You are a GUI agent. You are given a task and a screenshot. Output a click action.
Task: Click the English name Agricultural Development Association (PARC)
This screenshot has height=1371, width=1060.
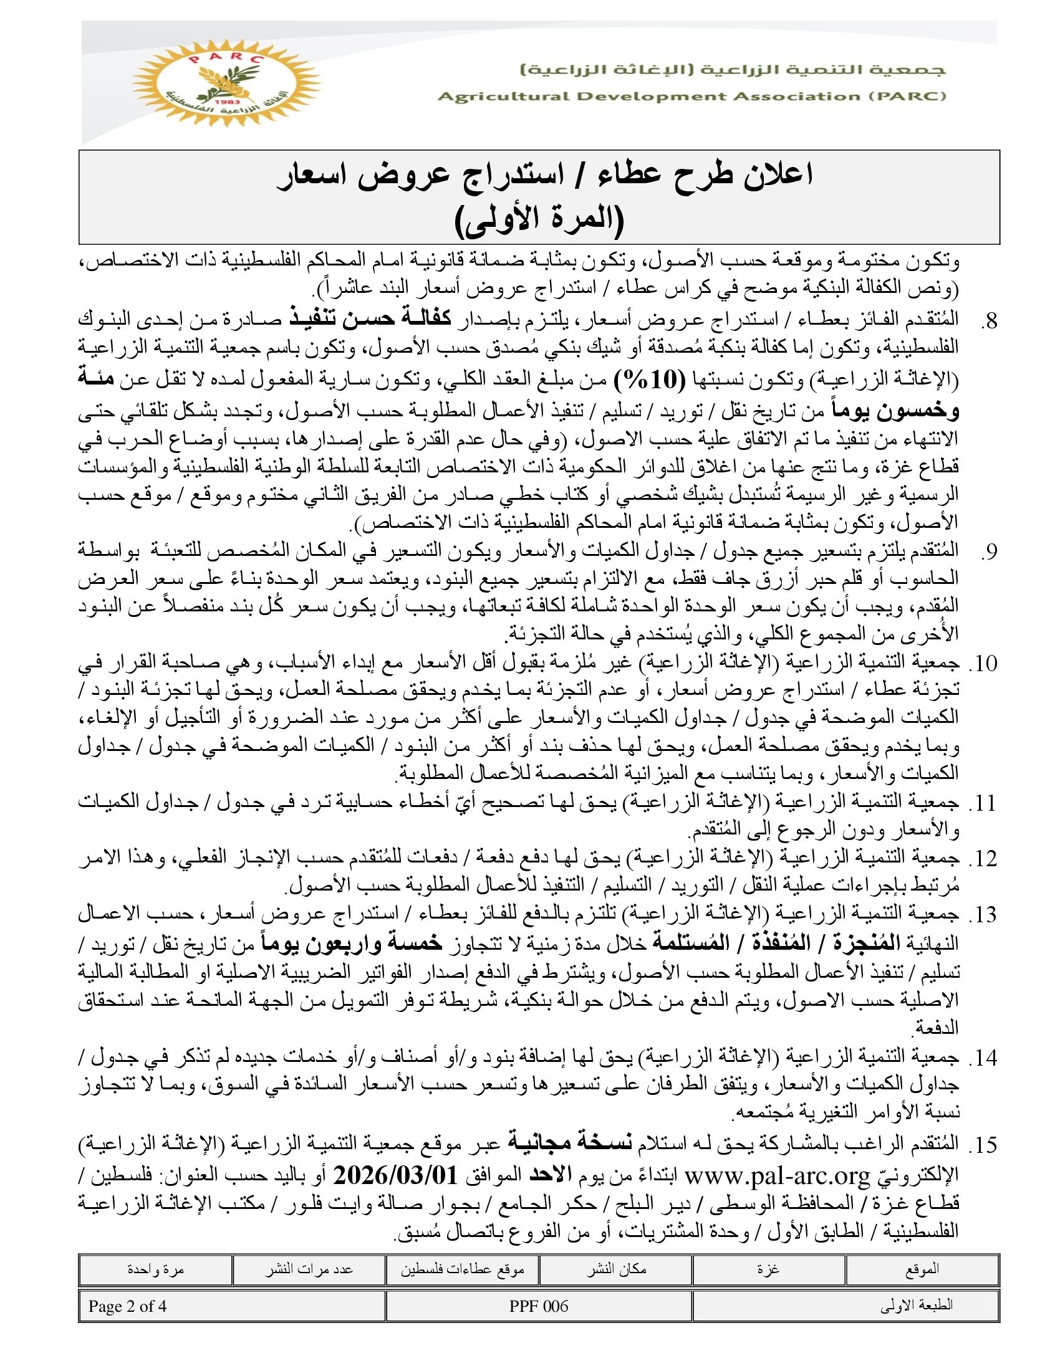point(691,97)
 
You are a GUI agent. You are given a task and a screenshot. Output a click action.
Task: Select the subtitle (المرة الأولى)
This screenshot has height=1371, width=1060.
point(539,219)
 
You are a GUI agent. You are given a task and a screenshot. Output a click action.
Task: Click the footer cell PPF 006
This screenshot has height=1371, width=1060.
point(539,1306)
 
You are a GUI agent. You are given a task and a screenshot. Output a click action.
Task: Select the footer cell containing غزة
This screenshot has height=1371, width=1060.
point(769,1269)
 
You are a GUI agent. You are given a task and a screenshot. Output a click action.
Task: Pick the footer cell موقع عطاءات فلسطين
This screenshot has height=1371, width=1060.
point(462,1270)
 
